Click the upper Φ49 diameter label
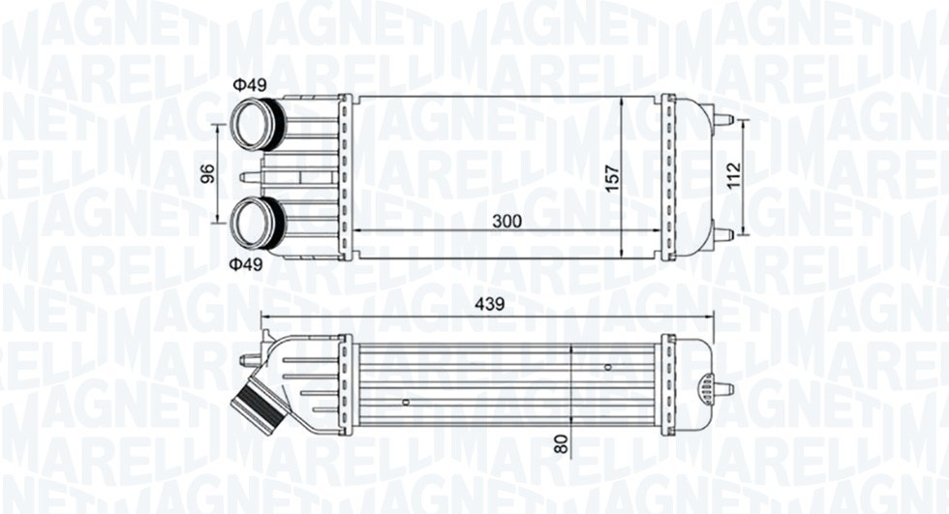(250, 84)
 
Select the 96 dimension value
(207, 173)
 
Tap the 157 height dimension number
(612, 179)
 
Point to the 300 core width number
(506, 222)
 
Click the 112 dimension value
(734, 175)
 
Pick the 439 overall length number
(489, 304)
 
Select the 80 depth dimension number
(563, 444)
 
